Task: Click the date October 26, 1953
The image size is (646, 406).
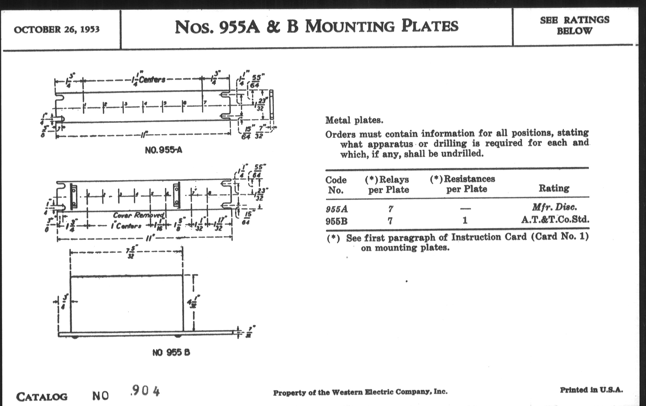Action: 57,29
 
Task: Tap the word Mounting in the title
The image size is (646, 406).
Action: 350,27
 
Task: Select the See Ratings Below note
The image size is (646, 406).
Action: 574,25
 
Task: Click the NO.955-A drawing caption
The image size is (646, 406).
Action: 163,150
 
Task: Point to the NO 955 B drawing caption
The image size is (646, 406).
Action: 171,352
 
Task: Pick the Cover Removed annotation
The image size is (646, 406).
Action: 138,215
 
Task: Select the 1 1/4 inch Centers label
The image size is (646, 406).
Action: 148,80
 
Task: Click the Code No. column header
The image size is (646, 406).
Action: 336,185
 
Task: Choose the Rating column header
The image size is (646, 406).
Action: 554,188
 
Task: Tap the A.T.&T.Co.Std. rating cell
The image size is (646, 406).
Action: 555,220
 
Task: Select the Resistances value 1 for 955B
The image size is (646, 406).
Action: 465,220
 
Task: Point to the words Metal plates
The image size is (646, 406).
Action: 354,120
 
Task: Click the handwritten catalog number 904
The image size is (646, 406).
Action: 146,391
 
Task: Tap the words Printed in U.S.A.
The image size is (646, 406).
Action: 591,390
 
